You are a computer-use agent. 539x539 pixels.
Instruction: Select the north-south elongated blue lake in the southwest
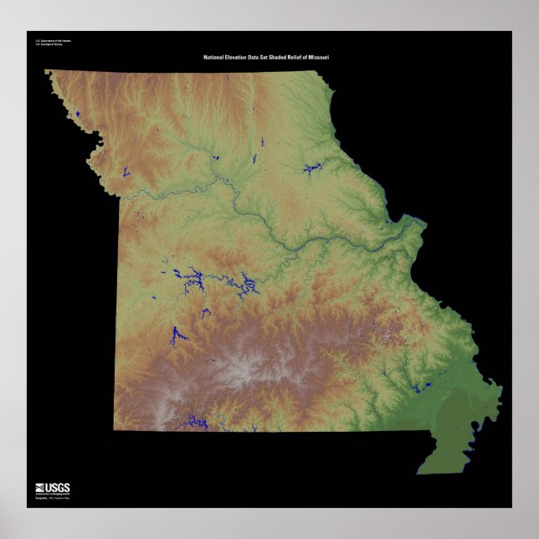point(177,335)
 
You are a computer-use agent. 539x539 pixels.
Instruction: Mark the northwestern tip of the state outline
point(46,71)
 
